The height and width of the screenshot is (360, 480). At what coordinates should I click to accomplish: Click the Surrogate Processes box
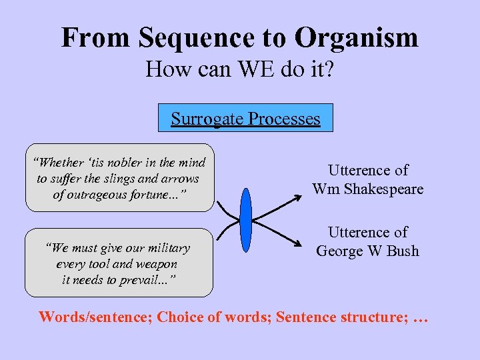(245, 119)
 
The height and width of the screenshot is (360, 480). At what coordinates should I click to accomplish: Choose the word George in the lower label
(341, 251)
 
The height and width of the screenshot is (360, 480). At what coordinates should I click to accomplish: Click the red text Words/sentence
(95, 317)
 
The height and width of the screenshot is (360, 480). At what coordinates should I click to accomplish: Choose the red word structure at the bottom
(374, 317)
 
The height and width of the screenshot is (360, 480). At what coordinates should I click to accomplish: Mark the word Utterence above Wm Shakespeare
(367, 171)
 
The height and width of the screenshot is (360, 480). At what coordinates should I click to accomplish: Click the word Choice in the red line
(179, 317)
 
